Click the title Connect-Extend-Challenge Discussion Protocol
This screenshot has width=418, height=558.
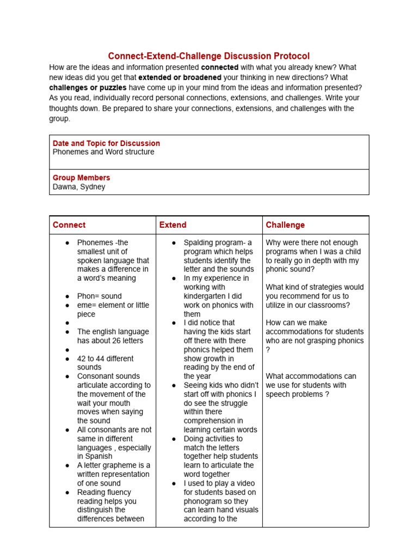pos(208,56)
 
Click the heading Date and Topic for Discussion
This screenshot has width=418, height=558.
pos(106,143)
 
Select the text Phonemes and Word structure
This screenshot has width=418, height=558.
pos(103,152)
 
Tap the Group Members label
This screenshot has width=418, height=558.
pos(81,178)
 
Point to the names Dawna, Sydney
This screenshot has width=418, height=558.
pos(79,187)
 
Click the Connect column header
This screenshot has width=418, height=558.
pos(69,225)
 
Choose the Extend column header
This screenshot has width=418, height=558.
pos(173,225)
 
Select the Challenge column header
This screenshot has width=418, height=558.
pos(285,225)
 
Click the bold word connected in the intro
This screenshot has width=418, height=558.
pos(220,68)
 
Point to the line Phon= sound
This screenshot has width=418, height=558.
pos(100,296)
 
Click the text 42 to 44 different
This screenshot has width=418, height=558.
pos(105,359)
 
